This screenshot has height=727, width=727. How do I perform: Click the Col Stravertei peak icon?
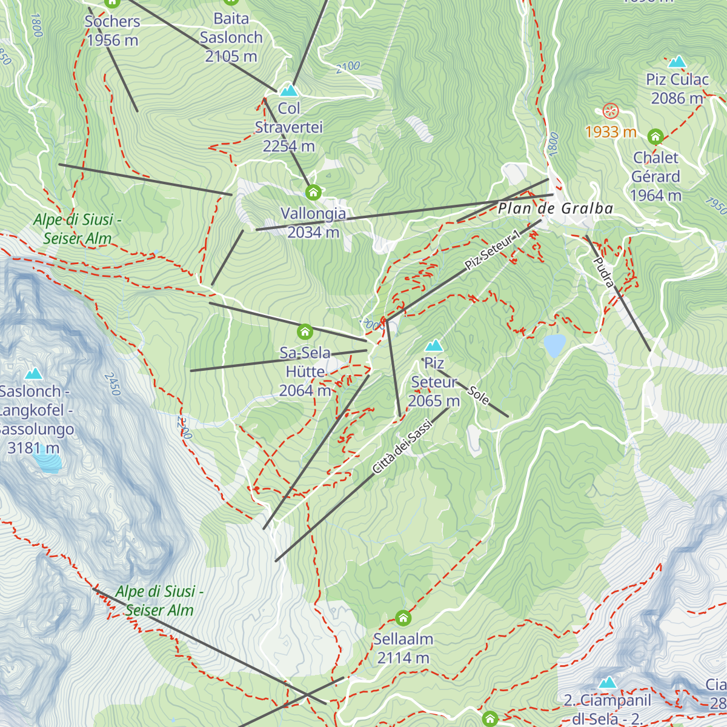pos(289,91)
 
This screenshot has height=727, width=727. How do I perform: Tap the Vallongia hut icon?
pos(313,193)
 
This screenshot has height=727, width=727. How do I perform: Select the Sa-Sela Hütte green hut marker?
pos(305,332)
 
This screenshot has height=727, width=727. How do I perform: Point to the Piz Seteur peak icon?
pos(433,346)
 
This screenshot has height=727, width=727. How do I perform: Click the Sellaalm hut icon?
pos(403,619)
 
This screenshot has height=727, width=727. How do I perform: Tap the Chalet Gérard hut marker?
pos(655,136)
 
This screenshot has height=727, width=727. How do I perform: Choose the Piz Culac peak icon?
pos(677,62)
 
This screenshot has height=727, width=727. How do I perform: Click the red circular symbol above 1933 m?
pos(610,111)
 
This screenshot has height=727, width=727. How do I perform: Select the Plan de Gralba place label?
pos(556,209)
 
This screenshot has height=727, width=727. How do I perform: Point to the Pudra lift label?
pos(604,272)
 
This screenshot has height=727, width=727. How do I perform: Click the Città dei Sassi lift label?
pos(402,447)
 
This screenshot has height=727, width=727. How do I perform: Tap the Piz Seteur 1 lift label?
pos(492,250)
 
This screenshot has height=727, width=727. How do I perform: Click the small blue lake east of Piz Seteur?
pos(554,345)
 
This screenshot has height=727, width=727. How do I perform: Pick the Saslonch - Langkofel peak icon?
pos(33,374)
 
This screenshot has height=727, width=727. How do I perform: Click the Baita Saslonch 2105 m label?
pos(231,38)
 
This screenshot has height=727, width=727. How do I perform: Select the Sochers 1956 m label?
pos(112,31)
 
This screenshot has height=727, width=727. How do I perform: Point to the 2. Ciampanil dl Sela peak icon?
pos(607,683)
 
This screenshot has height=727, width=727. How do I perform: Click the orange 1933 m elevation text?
pos(611,132)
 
